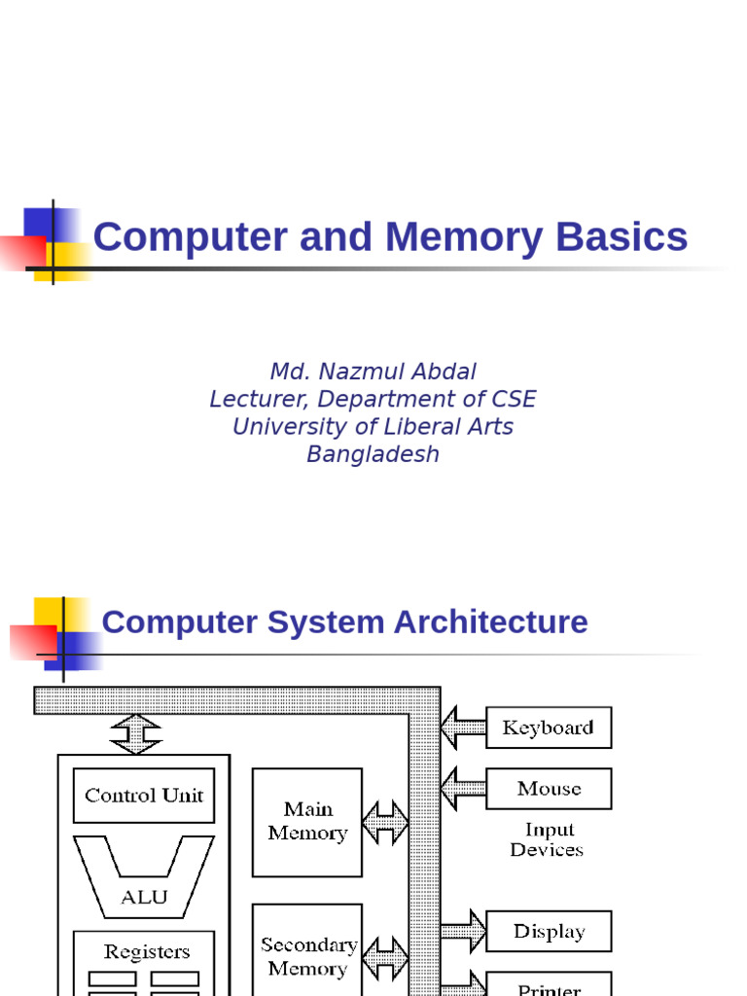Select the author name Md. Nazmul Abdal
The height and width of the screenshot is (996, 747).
(x=373, y=372)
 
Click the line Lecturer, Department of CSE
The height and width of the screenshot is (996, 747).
(x=373, y=400)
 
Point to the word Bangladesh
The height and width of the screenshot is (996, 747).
(x=373, y=454)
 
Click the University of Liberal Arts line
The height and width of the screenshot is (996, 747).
(x=373, y=427)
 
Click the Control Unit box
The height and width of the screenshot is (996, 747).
(x=144, y=796)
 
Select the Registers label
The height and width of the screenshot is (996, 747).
(x=147, y=952)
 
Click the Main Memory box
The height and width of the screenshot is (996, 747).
(x=307, y=822)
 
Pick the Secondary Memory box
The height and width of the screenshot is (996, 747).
(x=307, y=956)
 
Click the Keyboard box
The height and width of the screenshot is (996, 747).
(x=548, y=728)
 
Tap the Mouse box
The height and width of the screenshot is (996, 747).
(x=549, y=789)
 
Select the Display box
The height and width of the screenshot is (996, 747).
(x=549, y=932)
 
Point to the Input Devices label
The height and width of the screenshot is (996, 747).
(x=547, y=840)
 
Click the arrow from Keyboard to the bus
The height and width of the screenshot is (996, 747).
(x=463, y=728)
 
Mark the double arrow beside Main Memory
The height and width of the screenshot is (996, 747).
(x=385, y=823)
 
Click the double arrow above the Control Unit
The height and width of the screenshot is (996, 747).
(x=136, y=734)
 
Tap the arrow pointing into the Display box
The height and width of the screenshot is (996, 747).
(x=463, y=932)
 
